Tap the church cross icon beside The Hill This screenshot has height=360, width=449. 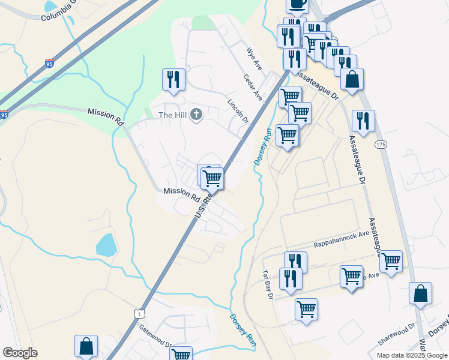tap(196, 114)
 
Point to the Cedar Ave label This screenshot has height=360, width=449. tap(253, 87)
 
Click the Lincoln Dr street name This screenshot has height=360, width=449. tap(238, 110)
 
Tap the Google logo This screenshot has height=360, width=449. tap(20, 353)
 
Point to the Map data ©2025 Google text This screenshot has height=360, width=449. tap(412, 355)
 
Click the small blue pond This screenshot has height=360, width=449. tap(106, 245)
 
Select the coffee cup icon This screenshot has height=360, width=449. tap(297, 4)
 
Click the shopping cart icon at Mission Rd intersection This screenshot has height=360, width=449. tap(212, 178)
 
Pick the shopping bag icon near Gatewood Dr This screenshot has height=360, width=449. tap(86, 346)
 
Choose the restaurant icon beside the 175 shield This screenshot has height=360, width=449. tap(363, 121)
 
